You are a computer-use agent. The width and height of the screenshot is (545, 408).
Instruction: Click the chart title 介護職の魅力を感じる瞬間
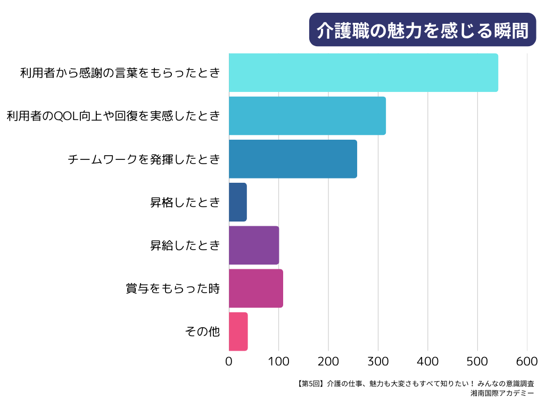pos(423,30)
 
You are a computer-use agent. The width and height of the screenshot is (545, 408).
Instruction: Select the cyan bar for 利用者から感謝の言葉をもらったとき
pos(364,73)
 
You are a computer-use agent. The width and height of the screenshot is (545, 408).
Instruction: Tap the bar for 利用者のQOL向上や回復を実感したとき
pos(307,116)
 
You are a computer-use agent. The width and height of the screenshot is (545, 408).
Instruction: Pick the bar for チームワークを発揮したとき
pos(293,159)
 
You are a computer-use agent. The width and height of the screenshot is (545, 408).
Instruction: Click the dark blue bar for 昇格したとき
pos(238,202)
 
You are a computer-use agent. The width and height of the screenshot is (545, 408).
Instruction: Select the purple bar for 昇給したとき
pos(254,245)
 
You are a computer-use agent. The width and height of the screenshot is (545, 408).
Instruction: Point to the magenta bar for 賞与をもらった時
pos(256,288)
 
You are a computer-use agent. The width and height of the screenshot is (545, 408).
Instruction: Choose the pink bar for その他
pos(238,331)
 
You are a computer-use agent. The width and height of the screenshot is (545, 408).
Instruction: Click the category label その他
pos(202,331)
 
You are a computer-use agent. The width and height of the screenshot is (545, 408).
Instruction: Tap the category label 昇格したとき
pos(185,202)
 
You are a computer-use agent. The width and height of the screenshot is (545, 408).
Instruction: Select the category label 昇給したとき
pos(185,245)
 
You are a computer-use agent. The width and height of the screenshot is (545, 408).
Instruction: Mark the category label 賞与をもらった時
pos(172,288)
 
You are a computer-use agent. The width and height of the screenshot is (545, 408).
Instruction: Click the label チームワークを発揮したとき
pos(144,159)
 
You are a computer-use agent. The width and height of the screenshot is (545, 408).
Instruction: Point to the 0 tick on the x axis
pos(229,361)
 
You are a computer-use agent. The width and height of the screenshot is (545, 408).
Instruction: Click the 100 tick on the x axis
pos(279,361)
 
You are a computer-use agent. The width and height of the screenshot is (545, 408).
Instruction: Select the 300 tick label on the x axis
pos(378,361)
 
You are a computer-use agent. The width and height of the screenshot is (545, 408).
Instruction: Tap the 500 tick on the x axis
pos(477,361)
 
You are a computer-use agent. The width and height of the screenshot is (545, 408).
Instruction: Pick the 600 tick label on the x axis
pos(527,361)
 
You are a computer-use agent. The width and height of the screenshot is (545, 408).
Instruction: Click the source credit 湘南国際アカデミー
pos(502,394)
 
